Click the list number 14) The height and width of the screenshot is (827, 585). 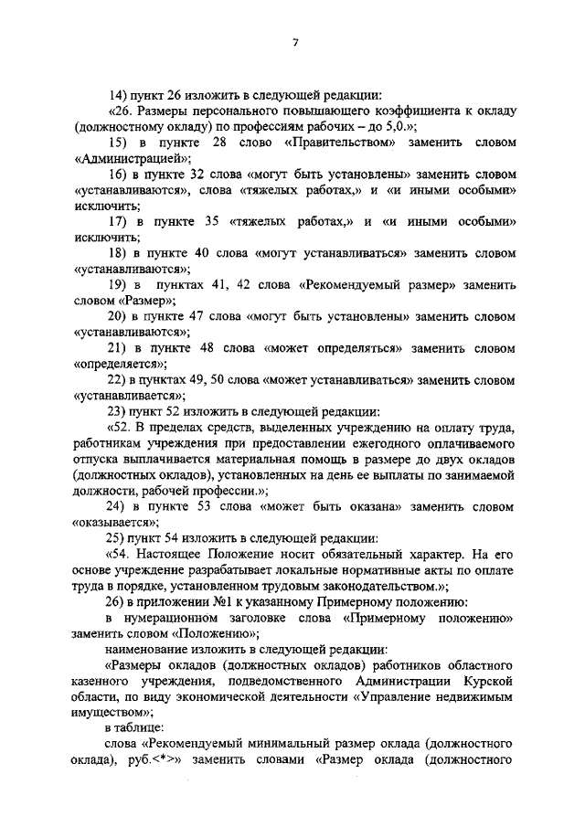pyautogui.click(x=118, y=93)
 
